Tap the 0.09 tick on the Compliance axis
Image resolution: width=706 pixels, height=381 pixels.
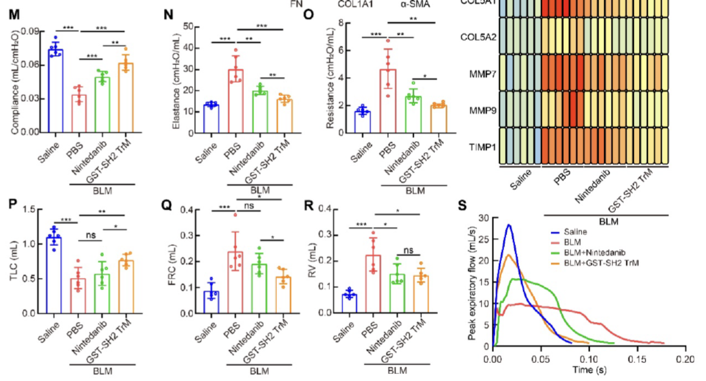point(33,31)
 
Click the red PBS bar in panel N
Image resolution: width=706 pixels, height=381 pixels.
point(236,101)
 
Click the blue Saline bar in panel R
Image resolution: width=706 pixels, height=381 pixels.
point(365,303)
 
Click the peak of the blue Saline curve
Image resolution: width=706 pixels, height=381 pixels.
point(508,224)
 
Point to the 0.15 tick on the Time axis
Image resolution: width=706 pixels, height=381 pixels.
point(637,359)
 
